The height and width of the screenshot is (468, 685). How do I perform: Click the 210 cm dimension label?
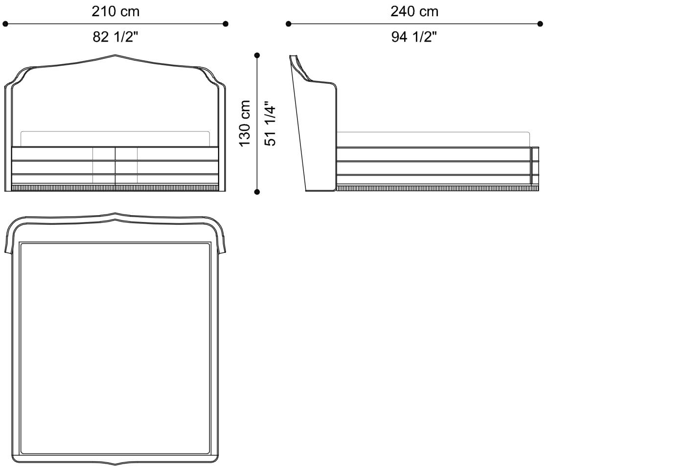[115, 11]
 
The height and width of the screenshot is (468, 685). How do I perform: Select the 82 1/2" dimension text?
[115, 37]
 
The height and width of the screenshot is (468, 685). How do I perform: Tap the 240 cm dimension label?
[414, 11]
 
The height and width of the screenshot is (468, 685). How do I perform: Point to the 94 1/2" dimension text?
[414, 37]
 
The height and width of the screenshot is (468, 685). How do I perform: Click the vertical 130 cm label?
[245, 123]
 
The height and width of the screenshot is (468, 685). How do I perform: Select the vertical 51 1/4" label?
[270, 123]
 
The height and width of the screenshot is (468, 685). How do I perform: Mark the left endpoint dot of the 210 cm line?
[5, 24]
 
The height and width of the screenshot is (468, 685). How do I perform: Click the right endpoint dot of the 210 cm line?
[226, 24]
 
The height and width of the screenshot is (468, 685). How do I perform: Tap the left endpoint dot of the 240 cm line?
[289, 24]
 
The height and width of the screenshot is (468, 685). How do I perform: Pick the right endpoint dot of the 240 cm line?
[540, 24]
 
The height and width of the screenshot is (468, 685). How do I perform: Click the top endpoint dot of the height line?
[257, 55]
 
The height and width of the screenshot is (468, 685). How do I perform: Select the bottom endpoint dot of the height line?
[257, 192]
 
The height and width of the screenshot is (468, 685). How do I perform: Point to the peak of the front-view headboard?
[115, 55]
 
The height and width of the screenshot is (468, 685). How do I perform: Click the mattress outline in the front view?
[115, 139]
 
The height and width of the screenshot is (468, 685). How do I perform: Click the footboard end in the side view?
[535, 167]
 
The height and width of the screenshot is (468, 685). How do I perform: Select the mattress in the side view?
[433, 139]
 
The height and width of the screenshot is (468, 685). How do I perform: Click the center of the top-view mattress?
[115, 348]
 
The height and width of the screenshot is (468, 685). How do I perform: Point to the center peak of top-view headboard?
[115, 214]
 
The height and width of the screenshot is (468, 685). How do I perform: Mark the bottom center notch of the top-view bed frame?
[115, 463]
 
